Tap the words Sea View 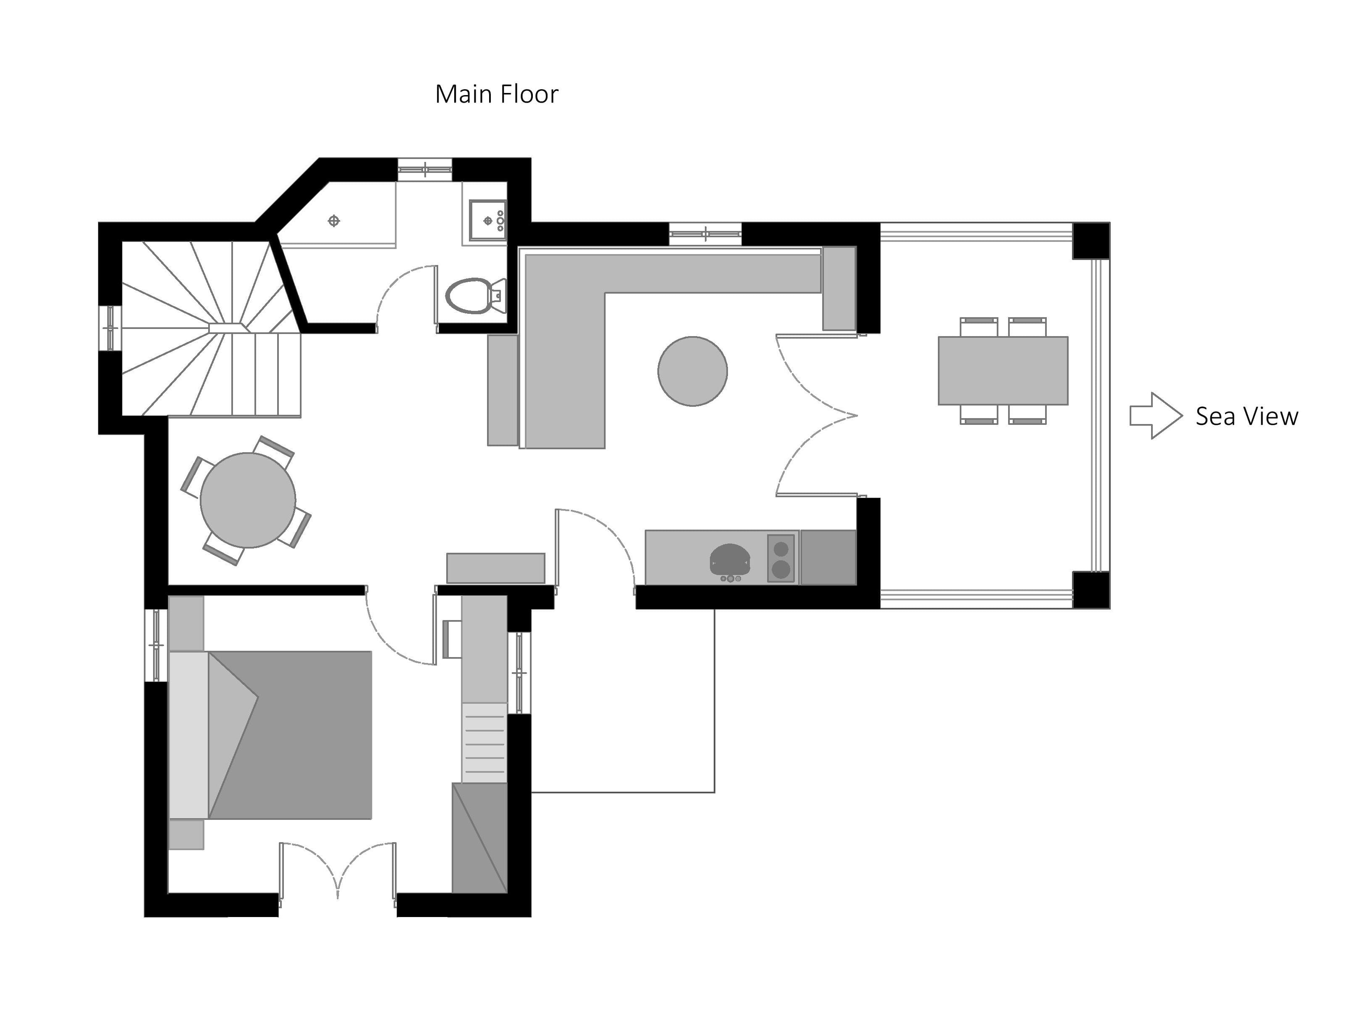1246,416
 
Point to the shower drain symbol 334,220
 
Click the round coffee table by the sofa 693,371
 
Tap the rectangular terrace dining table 1003,370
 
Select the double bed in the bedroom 289,735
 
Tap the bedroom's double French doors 338,872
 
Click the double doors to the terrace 816,416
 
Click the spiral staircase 209,329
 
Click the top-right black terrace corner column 1091,241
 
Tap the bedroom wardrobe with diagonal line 479,838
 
